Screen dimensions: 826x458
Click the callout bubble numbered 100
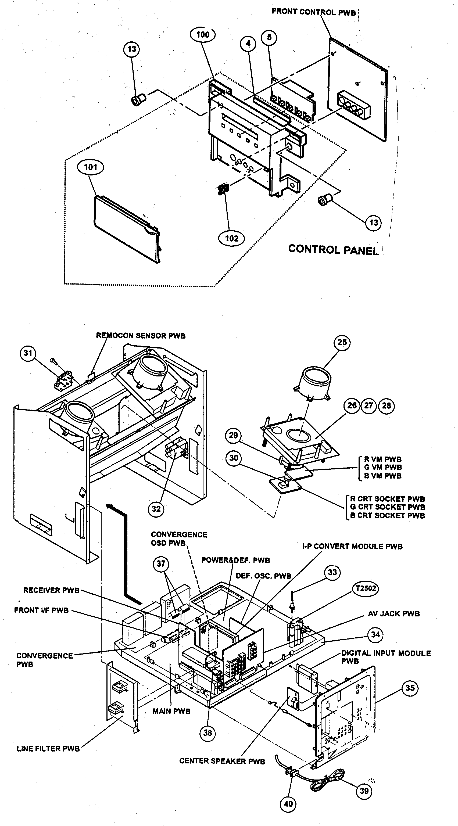pyautogui.click(x=202, y=35)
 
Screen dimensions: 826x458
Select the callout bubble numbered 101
pyautogui.click(x=91, y=167)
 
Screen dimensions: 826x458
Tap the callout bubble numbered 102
pyautogui.click(x=232, y=238)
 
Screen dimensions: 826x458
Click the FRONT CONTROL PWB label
pyautogui.click(x=313, y=12)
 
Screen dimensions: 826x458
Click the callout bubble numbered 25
pyautogui.click(x=342, y=342)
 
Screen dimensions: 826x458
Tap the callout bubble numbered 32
pyautogui.click(x=156, y=509)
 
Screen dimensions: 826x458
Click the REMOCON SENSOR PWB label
pyautogui.click(x=141, y=336)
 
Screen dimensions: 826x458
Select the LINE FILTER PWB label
pyautogui.click(x=48, y=749)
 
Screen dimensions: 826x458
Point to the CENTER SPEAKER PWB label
pyautogui.click(x=222, y=761)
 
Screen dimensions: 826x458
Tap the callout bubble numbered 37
pyautogui.click(x=161, y=563)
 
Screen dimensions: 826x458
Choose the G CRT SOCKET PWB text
pyautogui.click(x=387, y=507)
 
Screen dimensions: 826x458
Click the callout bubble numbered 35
pyautogui.click(x=410, y=688)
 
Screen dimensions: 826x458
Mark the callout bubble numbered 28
pyautogui.click(x=387, y=406)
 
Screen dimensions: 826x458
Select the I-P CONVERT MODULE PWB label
pyautogui.click(x=352, y=546)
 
